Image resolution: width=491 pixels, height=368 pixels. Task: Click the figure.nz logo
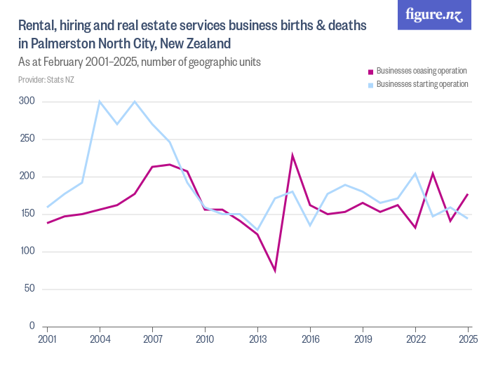click(434, 15)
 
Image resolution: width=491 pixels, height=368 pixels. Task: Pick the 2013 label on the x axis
click(257, 339)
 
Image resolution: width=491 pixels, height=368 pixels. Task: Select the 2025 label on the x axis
click(468, 339)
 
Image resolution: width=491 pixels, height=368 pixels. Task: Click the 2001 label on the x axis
click(48, 339)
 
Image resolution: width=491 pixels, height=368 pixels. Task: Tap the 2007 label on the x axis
click(152, 339)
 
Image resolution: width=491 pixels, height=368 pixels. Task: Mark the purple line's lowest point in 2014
click(275, 271)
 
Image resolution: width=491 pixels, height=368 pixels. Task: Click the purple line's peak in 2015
click(292, 156)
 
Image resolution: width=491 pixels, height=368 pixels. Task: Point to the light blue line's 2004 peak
click(100, 102)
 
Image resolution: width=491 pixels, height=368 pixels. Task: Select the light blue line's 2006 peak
click(135, 102)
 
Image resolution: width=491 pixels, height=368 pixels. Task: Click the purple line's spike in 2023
click(433, 173)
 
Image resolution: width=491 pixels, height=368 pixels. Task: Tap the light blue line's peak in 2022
click(415, 173)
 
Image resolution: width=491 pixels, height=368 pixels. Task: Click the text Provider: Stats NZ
click(46, 80)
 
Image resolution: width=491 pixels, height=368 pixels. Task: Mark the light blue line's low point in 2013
click(257, 230)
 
